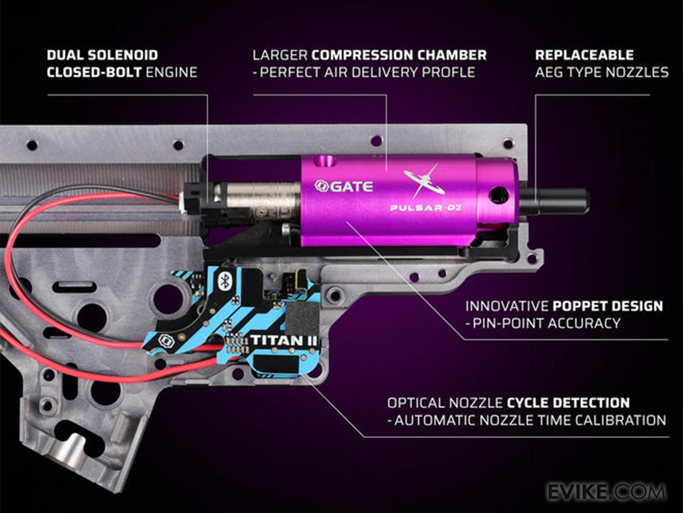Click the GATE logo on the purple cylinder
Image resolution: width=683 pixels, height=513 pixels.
click(x=344, y=186)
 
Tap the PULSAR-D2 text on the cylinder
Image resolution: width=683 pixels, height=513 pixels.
click(x=426, y=207)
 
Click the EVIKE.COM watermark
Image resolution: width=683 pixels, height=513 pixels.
click(x=606, y=491)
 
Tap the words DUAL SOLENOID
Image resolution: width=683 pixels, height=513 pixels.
click(x=102, y=55)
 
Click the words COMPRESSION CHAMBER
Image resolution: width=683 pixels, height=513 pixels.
click(x=399, y=55)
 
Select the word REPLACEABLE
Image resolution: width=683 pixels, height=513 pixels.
click(x=584, y=55)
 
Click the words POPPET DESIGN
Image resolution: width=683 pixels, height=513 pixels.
click(x=608, y=306)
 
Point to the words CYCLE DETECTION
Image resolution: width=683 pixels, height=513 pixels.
click(x=567, y=403)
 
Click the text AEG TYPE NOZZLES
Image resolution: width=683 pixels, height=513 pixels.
click(x=602, y=72)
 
